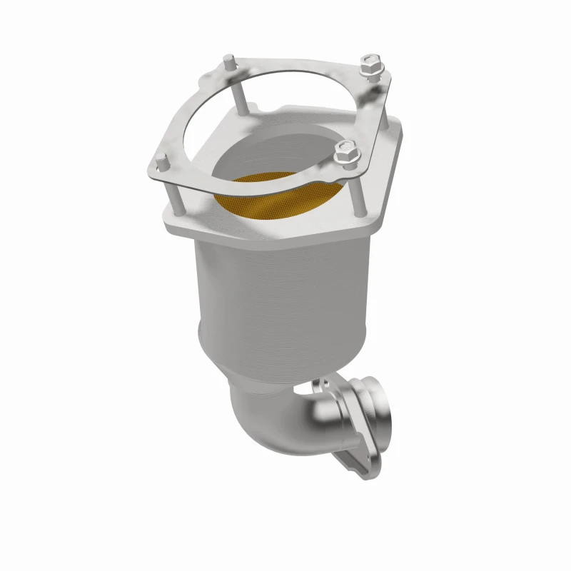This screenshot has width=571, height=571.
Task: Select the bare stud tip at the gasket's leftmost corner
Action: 161,161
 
